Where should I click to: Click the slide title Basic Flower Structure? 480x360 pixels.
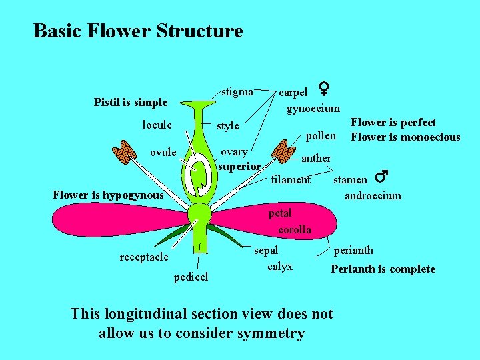[x=138, y=31]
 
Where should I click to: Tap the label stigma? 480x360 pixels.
[x=237, y=91]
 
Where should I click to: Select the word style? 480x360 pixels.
[x=227, y=125]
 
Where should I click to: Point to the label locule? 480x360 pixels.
[x=157, y=125]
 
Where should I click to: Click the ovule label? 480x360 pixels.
[x=163, y=152]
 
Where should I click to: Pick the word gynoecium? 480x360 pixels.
[x=313, y=108]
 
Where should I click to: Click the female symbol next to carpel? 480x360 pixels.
[x=324, y=88]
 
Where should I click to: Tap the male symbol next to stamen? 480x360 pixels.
[x=381, y=177]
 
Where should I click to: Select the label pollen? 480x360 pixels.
[x=321, y=135]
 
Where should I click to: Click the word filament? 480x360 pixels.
[x=291, y=179]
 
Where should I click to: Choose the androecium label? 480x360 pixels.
[x=373, y=195]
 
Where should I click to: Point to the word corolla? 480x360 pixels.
[x=294, y=229]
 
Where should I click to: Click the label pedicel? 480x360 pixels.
[x=191, y=276]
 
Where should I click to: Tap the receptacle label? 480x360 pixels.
[x=144, y=257]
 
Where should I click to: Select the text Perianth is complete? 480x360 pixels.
[x=383, y=269]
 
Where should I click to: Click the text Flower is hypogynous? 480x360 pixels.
[x=107, y=195]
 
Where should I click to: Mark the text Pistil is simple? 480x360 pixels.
[x=131, y=102]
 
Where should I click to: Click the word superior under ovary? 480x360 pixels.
[x=239, y=165]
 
